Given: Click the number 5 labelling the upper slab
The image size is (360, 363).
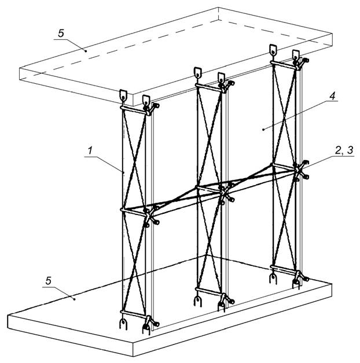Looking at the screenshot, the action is (61, 34).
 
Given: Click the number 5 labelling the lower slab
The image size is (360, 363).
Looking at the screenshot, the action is (48, 281).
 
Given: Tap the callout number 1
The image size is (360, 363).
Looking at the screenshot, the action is (90, 150).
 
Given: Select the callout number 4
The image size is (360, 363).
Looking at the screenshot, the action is (332, 96).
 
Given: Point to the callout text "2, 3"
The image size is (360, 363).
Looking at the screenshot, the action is (344, 150).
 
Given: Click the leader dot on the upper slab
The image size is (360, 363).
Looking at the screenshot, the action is (86, 51).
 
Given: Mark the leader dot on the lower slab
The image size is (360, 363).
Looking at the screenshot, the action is (75, 299).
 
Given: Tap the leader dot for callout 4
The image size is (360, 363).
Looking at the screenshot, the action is (263, 129).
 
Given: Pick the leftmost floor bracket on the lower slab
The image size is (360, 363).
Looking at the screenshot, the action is (123, 324).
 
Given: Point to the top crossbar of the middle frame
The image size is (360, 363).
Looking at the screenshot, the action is (208, 88).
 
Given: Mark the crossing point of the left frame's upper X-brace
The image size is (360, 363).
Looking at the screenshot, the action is (134, 160).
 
